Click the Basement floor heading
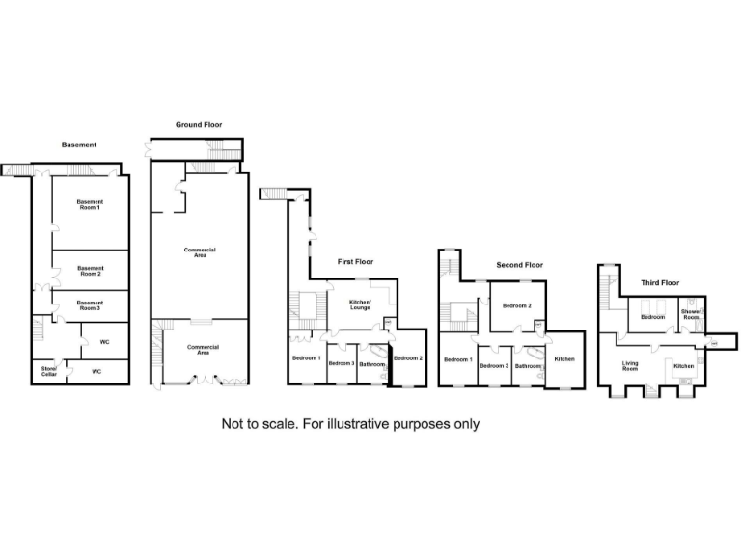[x=79, y=145]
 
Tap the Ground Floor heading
[x=199, y=125]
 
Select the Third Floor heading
[x=660, y=283]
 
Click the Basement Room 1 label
[x=90, y=205]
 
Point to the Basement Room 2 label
[x=91, y=271]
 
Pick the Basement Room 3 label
[x=90, y=305]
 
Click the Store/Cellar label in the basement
[x=49, y=371]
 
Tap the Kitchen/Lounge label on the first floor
[x=360, y=304]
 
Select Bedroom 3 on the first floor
[x=342, y=363]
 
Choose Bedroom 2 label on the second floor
[x=517, y=305]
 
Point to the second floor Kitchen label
[x=564, y=359]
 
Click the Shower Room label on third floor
[x=691, y=314]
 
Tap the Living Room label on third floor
[x=630, y=366]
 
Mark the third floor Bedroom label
[x=652, y=317]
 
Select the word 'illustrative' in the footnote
[x=357, y=424]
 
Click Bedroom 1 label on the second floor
[x=458, y=359]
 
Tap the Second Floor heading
[x=520, y=265]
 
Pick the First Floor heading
[x=355, y=262]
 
